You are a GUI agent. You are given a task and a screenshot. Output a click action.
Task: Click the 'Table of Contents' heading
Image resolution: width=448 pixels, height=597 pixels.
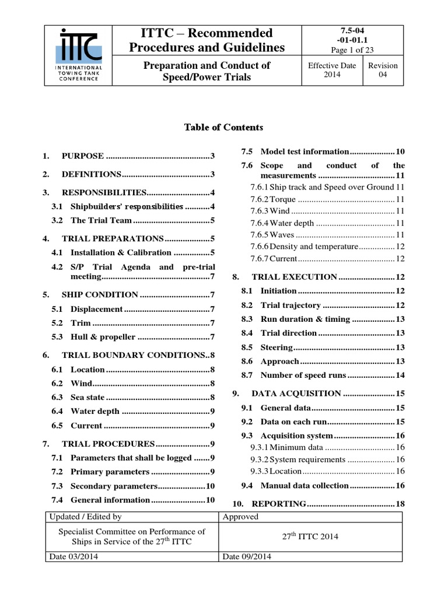point(223,127)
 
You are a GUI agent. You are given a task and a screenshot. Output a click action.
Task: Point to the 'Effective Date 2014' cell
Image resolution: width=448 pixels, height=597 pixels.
point(332,70)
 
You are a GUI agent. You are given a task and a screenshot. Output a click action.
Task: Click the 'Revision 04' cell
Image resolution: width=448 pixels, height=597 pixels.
point(383,70)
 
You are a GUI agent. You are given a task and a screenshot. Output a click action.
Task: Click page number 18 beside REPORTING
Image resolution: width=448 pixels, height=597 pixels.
point(400,504)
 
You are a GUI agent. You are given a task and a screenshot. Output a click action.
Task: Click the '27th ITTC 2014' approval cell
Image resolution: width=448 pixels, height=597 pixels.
point(311,537)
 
